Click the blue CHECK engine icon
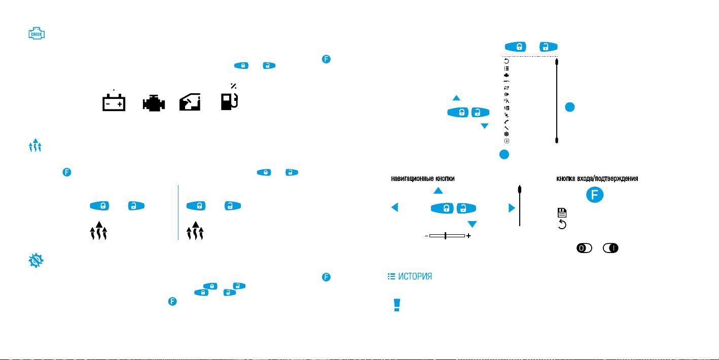click(37, 33)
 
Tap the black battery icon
click(114, 102)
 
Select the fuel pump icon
click(229, 101)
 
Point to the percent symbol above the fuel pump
click(233, 86)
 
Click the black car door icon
click(190, 102)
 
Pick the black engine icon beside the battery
click(154, 103)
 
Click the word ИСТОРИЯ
click(415, 276)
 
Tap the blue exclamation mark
click(397, 305)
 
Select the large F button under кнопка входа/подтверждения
click(595, 195)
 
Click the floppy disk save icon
click(562, 212)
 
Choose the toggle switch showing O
click(584, 248)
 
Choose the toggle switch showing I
click(610, 248)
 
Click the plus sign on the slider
click(469, 236)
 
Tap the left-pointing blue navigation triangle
click(395, 207)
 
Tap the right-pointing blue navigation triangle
click(512, 208)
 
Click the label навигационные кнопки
click(423, 178)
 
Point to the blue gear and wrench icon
click(36, 261)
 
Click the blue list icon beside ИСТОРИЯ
click(391, 276)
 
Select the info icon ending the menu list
click(507, 141)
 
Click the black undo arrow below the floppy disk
click(562, 224)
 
